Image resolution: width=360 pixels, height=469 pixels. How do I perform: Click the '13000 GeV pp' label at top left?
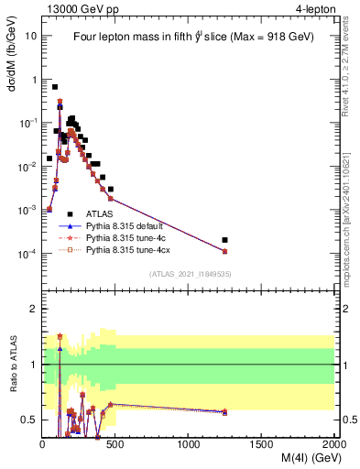click(x=77, y=10)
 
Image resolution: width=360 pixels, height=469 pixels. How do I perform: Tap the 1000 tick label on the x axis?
click(x=189, y=442)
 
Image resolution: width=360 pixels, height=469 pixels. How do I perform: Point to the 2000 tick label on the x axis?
click(x=333, y=442)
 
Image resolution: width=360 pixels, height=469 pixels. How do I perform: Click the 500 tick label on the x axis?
click(x=115, y=442)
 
